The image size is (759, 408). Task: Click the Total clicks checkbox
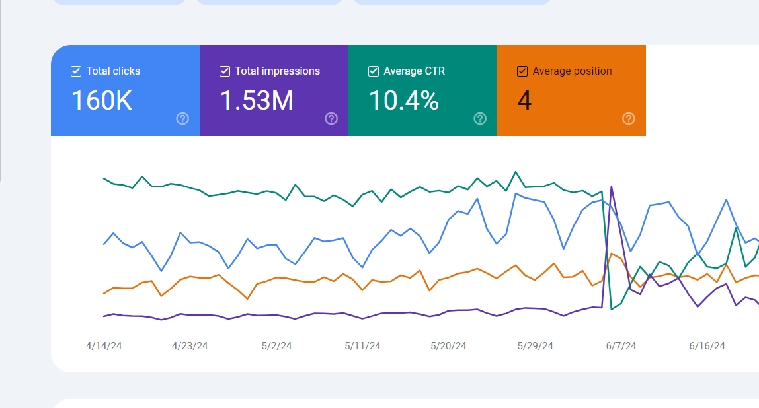(76, 71)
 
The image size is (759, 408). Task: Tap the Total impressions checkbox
(225, 71)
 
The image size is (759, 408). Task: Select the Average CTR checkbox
(374, 71)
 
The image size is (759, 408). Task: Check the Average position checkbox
(522, 71)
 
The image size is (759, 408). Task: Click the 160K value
(102, 101)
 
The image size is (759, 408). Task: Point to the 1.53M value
(257, 101)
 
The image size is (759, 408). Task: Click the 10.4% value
(403, 101)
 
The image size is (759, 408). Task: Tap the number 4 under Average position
(524, 101)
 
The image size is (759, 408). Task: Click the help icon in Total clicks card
(182, 119)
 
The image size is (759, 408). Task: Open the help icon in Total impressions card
(331, 119)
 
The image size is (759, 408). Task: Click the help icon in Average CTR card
(480, 119)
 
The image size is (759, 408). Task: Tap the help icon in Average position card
(629, 119)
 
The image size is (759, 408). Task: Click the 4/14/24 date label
(104, 346)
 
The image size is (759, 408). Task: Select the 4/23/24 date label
(190, 346)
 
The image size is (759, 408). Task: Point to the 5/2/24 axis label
(276, 346)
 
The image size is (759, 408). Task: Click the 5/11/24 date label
(362, 346)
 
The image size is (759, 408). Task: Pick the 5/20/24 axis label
(448, 346)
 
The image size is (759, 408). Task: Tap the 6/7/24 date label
(621, 346)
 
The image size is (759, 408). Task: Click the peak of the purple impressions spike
(612, 187)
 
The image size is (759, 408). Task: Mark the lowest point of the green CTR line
(612, 309)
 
